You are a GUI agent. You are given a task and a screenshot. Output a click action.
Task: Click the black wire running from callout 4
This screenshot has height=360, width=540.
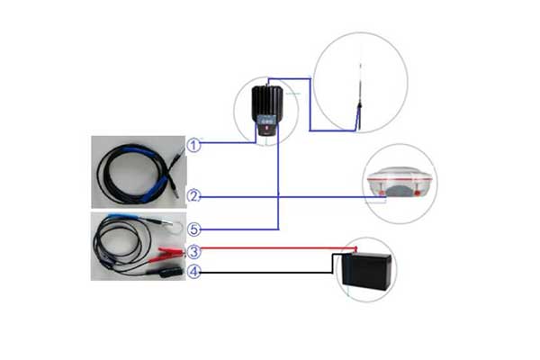pos(261,272)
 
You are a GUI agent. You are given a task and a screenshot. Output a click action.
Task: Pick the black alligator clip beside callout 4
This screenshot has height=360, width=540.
pos(169,270)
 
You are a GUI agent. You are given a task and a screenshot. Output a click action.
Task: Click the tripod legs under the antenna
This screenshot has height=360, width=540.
pos(358,118)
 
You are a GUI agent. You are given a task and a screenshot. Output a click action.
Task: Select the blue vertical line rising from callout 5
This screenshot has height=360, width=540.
pos(278,180)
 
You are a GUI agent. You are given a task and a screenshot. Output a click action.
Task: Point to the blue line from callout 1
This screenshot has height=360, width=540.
pos(225,143)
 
